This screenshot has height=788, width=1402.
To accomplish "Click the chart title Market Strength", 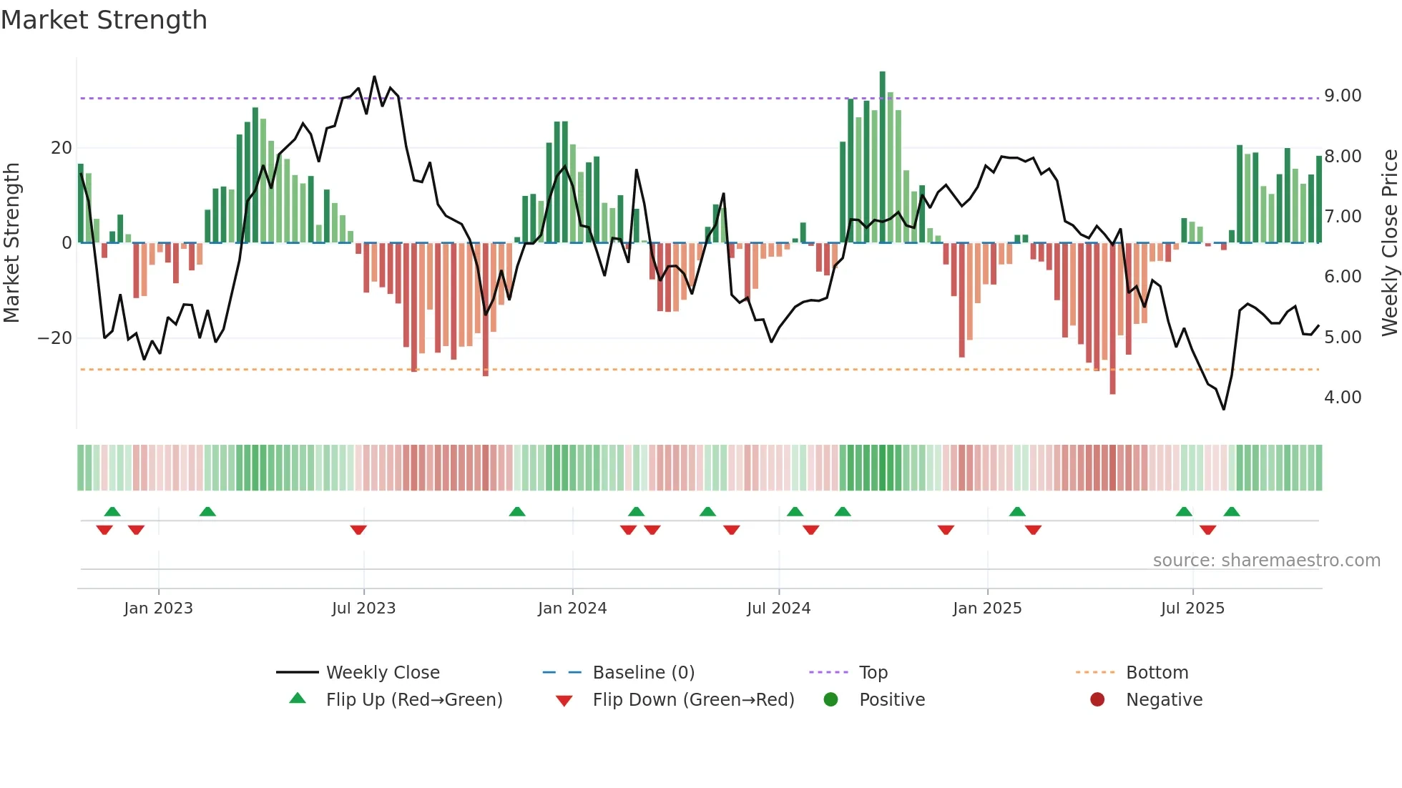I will [104, 20].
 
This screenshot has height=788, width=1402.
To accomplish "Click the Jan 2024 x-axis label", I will [572, 609].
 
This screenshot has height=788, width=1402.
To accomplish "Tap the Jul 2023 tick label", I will [363, 609].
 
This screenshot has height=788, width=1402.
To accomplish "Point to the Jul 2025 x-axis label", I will [1192, 609].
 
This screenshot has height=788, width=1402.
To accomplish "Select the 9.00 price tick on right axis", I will [1342, 96].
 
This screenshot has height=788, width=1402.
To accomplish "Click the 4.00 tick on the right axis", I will [1342, 398].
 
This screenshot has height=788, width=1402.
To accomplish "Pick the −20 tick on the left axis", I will [55, 338].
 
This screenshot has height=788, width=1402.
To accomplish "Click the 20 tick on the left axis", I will [62, 148].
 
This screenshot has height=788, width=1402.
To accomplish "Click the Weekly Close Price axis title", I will [1389, 243].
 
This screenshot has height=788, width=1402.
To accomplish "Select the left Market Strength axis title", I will [12, 243].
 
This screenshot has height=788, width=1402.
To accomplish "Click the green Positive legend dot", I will [830, 700].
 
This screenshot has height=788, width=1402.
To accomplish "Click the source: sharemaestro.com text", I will [1266, 561].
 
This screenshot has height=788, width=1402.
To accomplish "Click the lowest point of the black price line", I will [1223, 409].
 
